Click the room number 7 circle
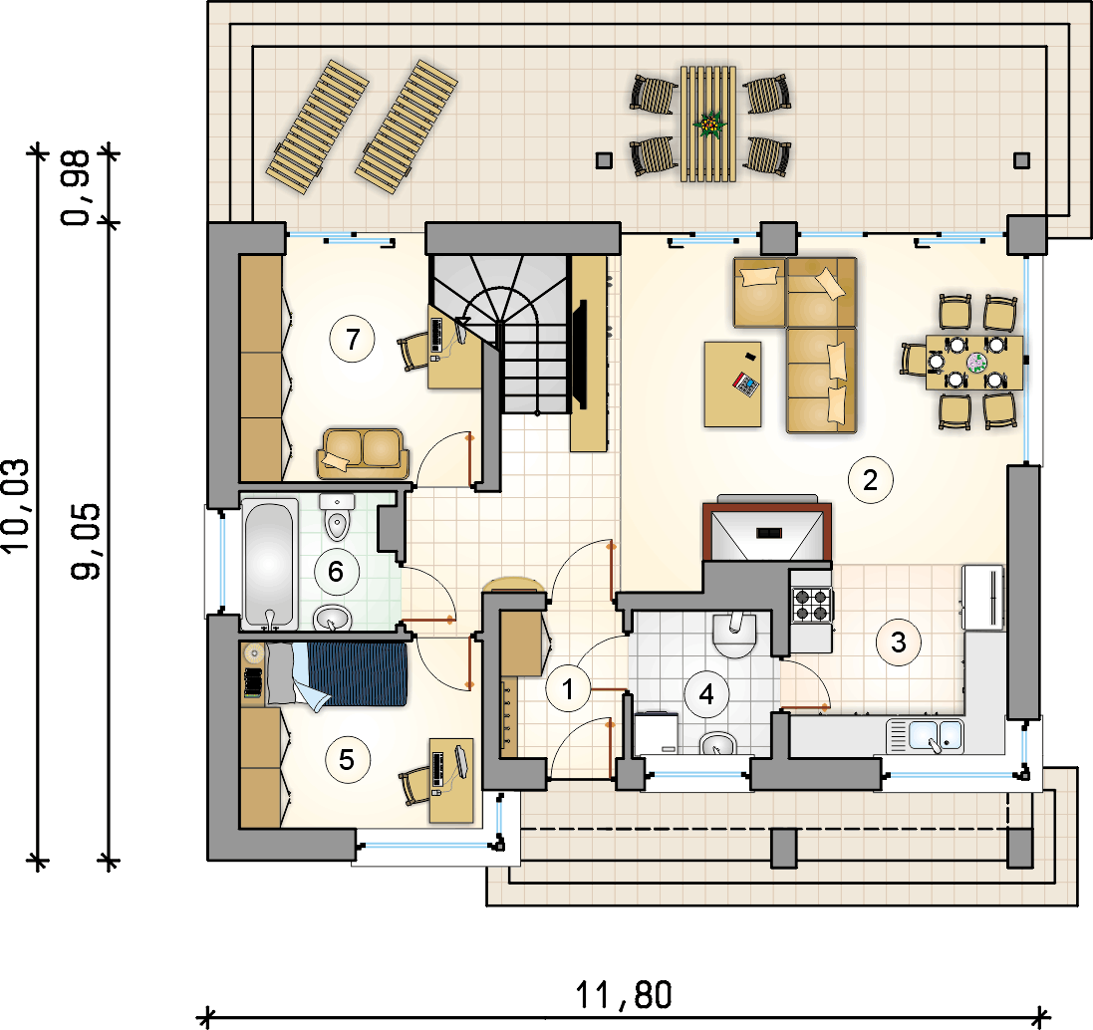click(352, 340)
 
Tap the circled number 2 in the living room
click(870, 480)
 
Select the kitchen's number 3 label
click(899, 643)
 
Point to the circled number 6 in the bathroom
click(336, 572)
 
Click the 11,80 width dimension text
click(624, 995)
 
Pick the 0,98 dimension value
click(76, 187)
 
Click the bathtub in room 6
click(269, 563)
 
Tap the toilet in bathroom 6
click(338, 517)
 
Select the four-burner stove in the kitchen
click(812, 605)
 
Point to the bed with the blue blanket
click(336, 675)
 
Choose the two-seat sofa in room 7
click(363, 453)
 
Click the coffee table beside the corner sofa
click(732, 384)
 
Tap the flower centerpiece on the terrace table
click(709, 125)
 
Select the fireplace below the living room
click(767, 530)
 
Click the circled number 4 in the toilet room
click(706, 694)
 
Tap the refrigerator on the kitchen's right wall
click(982, 598)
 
